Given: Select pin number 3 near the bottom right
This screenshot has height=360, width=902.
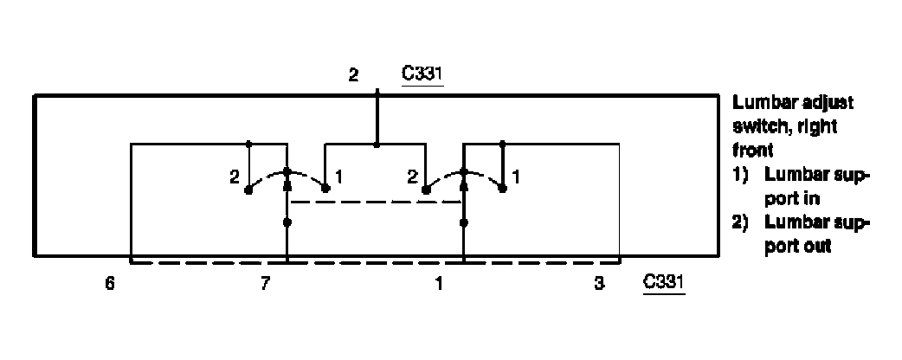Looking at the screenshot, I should pyautogui.click(x=599, y=284).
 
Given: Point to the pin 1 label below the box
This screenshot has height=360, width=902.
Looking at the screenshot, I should pyautogui.click(x=439, y=284).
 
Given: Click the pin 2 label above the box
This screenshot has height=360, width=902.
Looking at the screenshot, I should pyautogui.click(x=352, y=75).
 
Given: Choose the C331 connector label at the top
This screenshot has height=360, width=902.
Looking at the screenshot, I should pyautogui.click(x=423, y=74).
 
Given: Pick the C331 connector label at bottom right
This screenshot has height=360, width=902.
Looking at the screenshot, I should pyautogui.click(x=663, y=283).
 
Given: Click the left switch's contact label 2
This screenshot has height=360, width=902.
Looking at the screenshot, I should pyautogui.click(x=235, y=177).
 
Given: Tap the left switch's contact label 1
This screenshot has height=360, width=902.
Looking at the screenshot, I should pyautogui.click(x=340, y=177).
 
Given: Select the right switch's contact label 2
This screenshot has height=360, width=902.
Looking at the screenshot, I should pyautogui.click(x=412, y=177).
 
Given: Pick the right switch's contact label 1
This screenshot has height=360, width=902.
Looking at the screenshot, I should pyautogui.click(x=516, y=177).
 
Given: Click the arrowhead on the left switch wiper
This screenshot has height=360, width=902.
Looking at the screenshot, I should pyautogui.click(x=287, y=183).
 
